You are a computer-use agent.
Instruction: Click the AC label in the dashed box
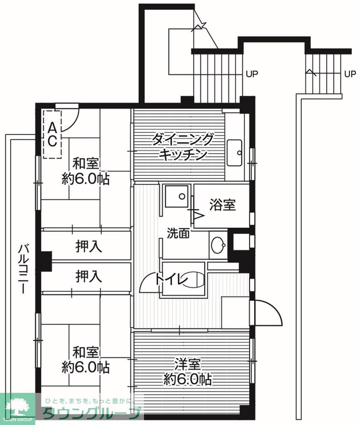click(52, 134)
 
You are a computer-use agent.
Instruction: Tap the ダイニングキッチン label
click(183, 146)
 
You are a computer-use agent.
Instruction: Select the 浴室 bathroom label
click(223, 205)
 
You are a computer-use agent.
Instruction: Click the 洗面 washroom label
click(178, 233)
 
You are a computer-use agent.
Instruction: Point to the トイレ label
click(171, 279)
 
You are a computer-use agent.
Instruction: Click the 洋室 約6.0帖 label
click(187, 371)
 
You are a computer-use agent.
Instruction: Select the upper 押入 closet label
click(88, 247)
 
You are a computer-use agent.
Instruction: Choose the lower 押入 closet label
click(88, 276)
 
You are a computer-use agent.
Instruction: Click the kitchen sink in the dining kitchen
click(235, 152)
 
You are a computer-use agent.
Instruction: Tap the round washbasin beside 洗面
click(218, 246)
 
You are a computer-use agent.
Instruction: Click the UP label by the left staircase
click(252, 74)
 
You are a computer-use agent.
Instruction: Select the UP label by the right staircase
click(350, 74)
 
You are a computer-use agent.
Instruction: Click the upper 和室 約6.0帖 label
click(86, 171)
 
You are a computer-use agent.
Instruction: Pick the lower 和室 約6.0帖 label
click(86, 359)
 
